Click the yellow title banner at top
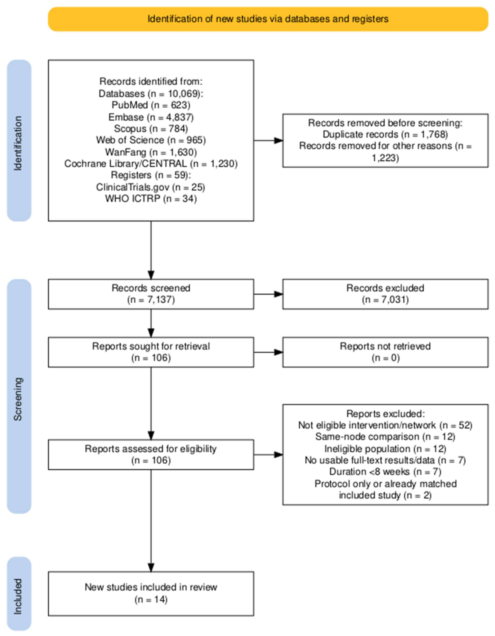tap(268, 19)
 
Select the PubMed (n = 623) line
tap(151, 105)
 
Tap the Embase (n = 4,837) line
tap(151, 117)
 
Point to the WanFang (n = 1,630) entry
tap(151, 152)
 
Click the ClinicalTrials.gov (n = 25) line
tap(151, 187)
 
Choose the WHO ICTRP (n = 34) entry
tap(151, 198)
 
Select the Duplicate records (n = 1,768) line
tap(385, 135)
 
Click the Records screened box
tap(151, 294)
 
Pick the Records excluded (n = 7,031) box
tap(385, 294)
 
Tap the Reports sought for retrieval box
tap(151, 352)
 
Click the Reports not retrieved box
tap(385, 352)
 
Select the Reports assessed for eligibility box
tap(151, 455)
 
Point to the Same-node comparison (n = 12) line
tap(385, 437)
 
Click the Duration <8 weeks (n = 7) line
tap(385, 472)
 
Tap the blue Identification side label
tap(19, 140)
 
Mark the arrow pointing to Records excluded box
tap(268, 294)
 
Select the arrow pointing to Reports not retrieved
tap(268, 352)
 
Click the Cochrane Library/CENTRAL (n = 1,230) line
tap(151, 163)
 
